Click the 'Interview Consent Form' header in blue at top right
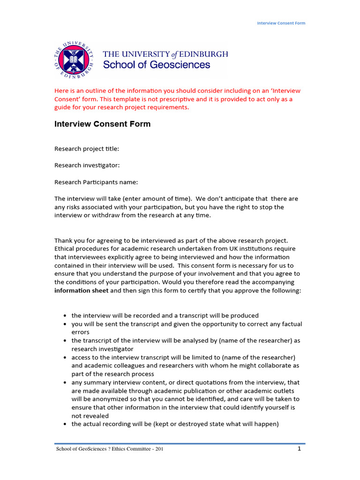pyautogui.click(x=281, y=23)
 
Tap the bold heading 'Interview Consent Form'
pyautogui.click(x=103, y=124)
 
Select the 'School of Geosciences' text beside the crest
pyautogui.click(x=157, y=65)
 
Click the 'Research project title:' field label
pyautogui.click(x=87, y=149)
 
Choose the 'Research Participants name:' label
pyautogui.click(x=96, y=182)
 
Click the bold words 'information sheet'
pyautogui.click(x=82, y=291)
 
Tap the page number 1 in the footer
pyautogui.click(x=299, y=449)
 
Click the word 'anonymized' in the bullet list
pyautogui.click(x=101, y=399)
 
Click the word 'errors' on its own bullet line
pyautogui.click(x=80, y=332)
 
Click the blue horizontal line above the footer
pyautogui.click(x=180, y=443)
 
